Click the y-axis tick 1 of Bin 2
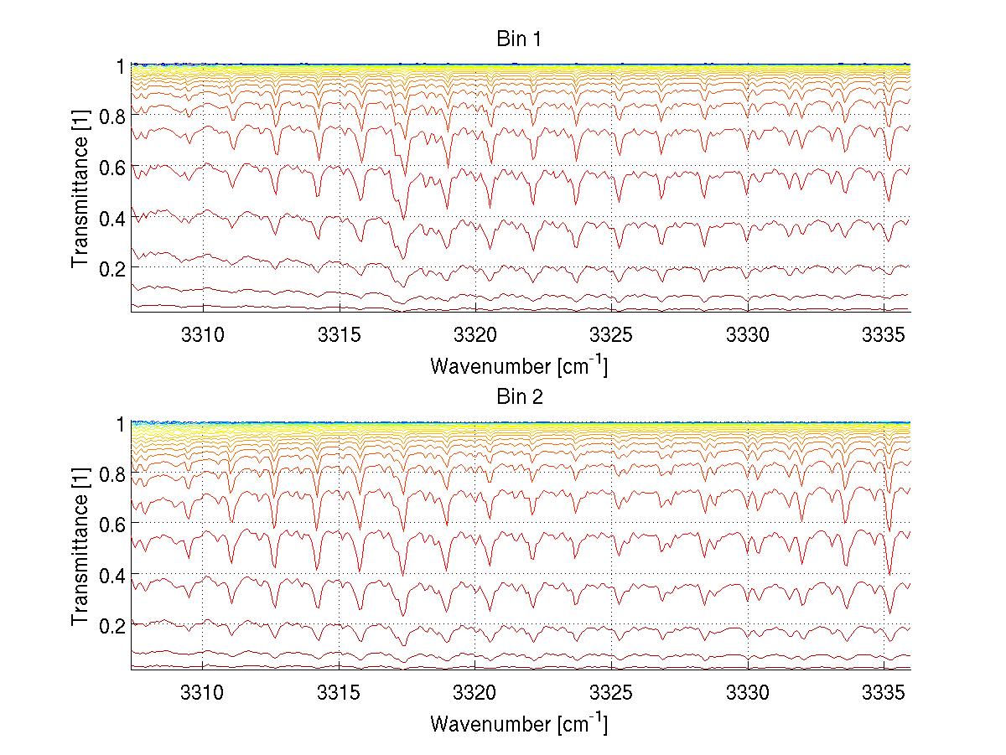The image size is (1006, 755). [120, 424]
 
